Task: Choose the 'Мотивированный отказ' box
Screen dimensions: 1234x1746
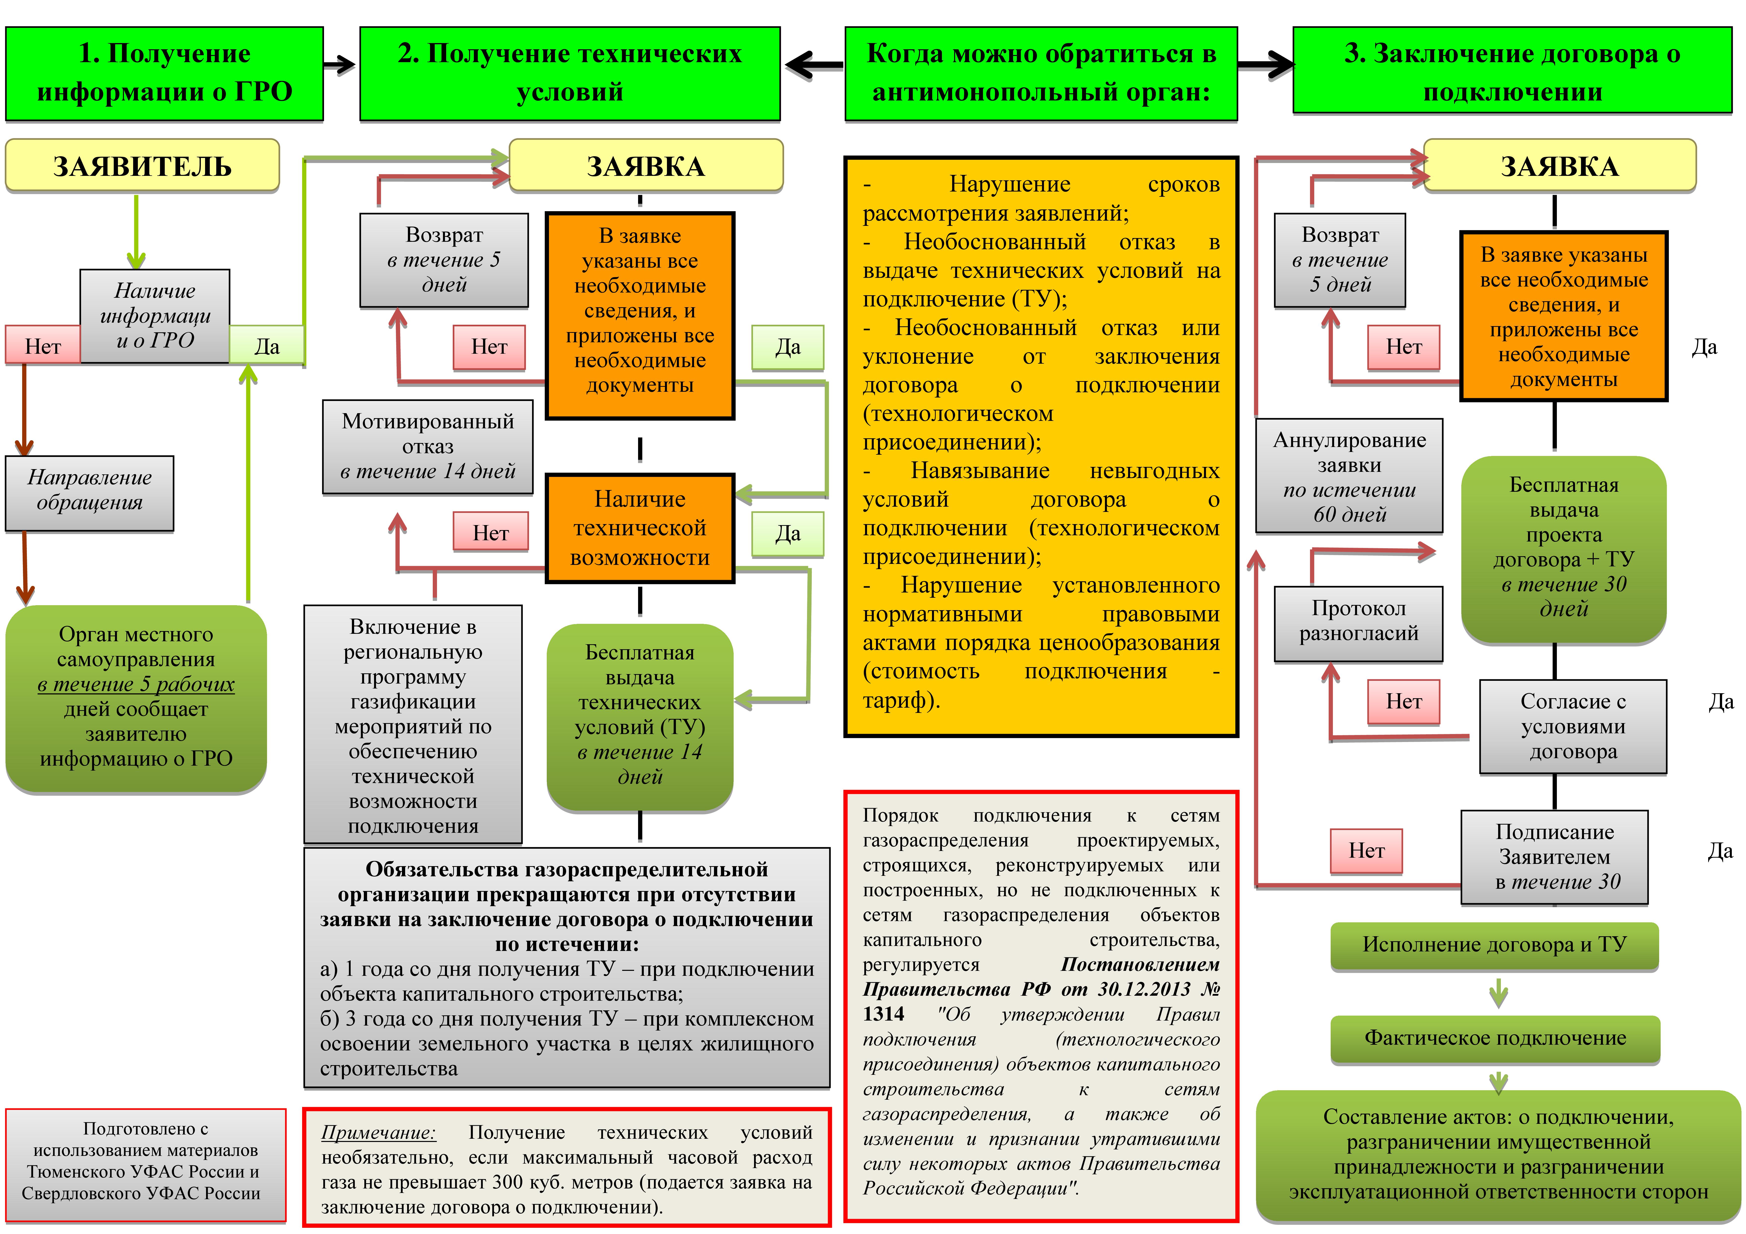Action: [x=427, y=446]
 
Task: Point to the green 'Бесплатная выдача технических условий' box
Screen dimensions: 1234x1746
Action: [x=640, y=715]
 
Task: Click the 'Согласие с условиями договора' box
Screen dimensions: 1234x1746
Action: [x=1573, y=726]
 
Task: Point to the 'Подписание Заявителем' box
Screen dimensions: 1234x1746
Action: [x=1554, y=857]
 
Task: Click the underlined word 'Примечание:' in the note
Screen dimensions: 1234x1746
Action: [x=378, y=1132]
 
